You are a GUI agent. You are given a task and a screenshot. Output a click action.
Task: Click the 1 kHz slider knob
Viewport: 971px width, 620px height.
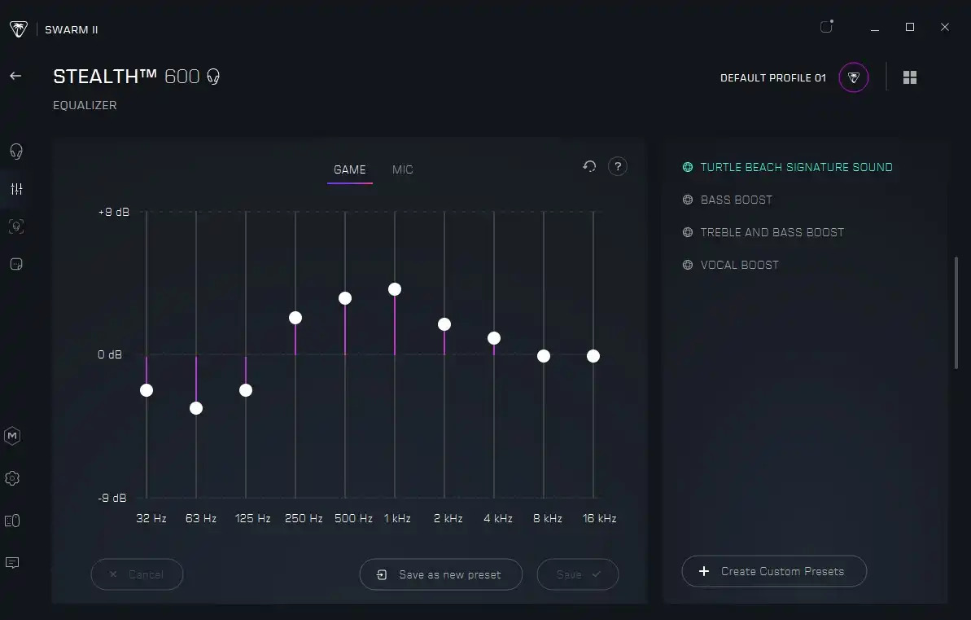click(x=395, y=289)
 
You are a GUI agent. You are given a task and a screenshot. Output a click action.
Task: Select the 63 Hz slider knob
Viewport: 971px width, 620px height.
click(x=196, y=408)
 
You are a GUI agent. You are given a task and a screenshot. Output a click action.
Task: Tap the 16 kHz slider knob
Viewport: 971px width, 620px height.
click(x=593, y=356)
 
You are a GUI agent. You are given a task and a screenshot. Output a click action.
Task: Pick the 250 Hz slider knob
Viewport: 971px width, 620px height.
click(x=295, y=318)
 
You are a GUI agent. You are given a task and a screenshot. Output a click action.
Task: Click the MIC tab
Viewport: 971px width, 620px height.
click(x=402, y=169)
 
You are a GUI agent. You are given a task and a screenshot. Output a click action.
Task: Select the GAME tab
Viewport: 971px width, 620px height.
click(x=350, y=169)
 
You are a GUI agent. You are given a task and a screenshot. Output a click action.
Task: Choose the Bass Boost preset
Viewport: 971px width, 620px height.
click(x=736, y=200)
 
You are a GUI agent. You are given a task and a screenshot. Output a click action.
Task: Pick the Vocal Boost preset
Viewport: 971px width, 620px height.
click(x=739, y=265)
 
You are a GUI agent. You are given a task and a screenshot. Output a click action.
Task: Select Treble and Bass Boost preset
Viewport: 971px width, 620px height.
click(x=772, y=232)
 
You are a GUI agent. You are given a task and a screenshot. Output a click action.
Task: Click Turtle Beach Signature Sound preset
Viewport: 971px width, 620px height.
click(x=796, y=167)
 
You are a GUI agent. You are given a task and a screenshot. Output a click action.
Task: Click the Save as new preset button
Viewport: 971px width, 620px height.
click(x=441, y=574)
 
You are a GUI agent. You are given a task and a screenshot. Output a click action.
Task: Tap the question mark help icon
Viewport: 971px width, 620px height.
click(x=618, y=166)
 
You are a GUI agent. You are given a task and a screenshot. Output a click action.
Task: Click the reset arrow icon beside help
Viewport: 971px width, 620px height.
click(x=589, y=166)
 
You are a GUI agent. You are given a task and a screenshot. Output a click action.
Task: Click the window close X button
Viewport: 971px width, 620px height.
click(x=945, y=28)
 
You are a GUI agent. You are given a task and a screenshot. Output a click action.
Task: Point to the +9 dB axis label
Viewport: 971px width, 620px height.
click(x=114, y=213)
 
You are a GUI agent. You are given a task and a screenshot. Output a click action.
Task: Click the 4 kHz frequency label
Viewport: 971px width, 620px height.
click(x=498, y=518)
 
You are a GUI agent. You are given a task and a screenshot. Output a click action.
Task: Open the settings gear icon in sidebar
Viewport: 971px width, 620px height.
click(x=12, y=478)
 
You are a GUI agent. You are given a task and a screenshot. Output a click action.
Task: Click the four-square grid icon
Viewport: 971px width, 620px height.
click(x=910, y=77)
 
